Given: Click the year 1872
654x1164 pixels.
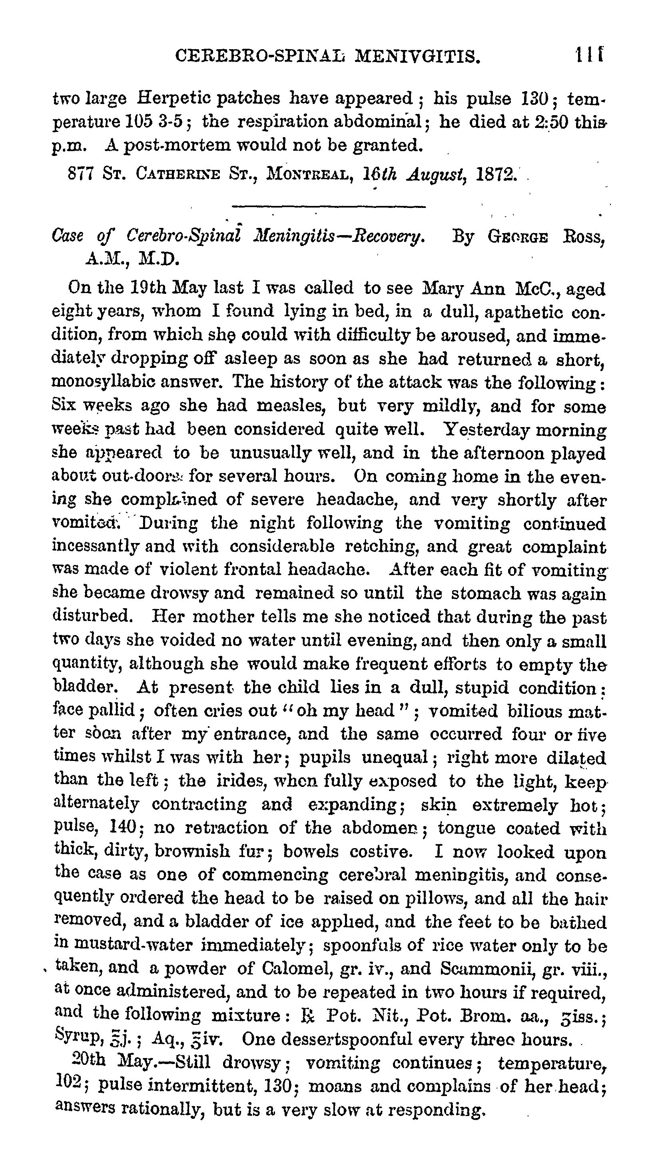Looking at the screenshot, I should pos(497,174).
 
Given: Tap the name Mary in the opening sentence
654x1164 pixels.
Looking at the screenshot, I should pos(443,288).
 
